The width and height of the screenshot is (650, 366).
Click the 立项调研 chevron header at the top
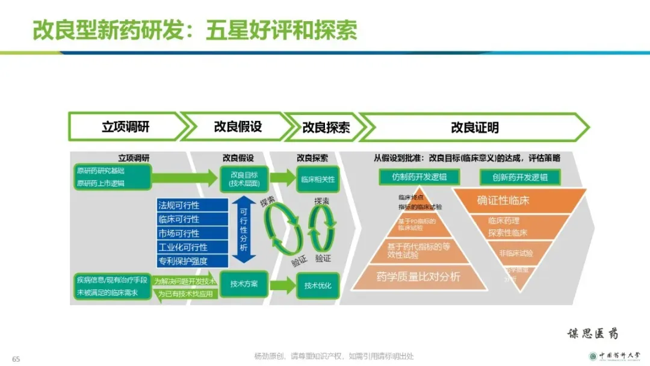[125, 127]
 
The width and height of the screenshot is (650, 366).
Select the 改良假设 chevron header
[238, 127]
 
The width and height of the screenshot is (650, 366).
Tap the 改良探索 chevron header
[325, 128]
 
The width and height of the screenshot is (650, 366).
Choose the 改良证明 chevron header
[474, 128]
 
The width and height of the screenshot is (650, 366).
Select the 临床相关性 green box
[318, 179]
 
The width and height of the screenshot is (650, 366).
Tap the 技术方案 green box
[244, 284]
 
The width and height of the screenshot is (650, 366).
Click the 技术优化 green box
[318, 285]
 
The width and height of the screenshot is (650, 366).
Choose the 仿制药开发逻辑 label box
[419, 177]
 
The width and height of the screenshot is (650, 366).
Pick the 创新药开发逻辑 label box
[520, 177]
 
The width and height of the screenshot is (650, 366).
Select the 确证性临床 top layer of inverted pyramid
[519, 200]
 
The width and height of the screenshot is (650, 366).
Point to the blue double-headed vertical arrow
[243, 229]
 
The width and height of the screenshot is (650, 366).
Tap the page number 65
[16, 359]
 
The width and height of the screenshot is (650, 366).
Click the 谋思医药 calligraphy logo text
[592, 333]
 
